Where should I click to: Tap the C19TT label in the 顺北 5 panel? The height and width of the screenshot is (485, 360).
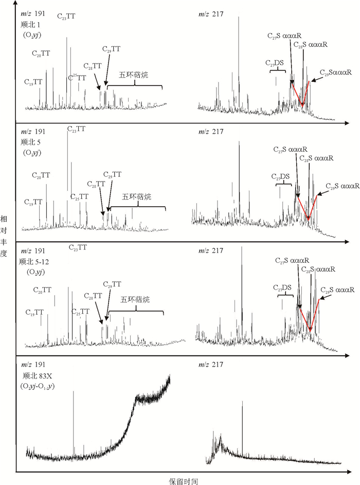coord(33,202)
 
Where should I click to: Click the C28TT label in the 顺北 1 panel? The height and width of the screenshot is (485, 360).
coord(94,66)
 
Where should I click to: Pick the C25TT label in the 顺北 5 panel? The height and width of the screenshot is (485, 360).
coord(79,196)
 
